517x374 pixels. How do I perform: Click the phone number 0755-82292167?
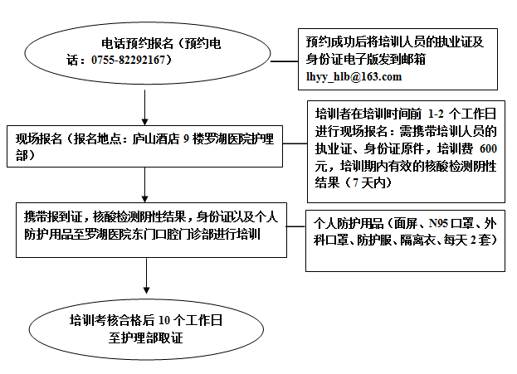[128, 60]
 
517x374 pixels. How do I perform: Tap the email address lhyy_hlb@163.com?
[354, 77]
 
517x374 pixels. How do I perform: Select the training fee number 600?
[488, 148]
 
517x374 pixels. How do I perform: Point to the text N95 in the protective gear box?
[438, 223]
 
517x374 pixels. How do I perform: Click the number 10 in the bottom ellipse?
[164, 320]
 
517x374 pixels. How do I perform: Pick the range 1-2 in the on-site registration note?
[436, 114]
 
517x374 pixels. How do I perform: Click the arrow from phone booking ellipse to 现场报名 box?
[144, 108]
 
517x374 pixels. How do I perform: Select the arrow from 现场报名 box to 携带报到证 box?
[144, 185]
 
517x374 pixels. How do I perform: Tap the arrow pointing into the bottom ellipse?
[146, 276]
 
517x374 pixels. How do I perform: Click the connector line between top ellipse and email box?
[284, 61]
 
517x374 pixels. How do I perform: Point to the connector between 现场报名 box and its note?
[295, 143]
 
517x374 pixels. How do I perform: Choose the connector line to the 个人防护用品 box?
[296, 226]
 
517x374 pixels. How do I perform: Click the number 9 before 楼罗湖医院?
[186, 138]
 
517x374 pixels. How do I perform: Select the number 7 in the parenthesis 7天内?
[355, 183]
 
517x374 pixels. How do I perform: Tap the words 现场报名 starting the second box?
[38, 138]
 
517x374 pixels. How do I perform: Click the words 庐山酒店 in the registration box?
[156, 138]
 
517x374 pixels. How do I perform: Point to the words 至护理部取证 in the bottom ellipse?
[146, 338]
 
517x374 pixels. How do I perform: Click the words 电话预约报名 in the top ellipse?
[137, 43]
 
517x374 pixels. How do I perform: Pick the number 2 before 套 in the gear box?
[473, 240]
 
